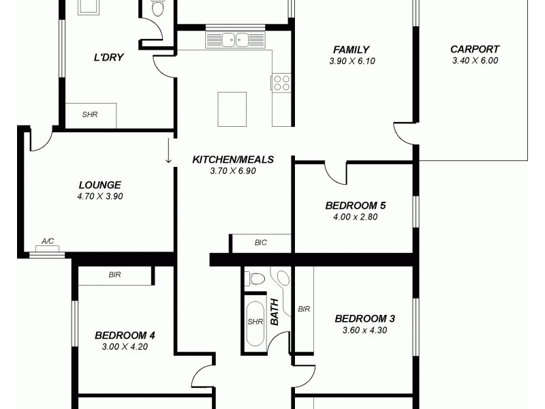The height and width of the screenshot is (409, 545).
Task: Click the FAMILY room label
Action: click(352, 50)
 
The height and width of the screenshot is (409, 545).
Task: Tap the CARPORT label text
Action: click(475, 49)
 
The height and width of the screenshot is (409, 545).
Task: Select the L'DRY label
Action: click(108, 57)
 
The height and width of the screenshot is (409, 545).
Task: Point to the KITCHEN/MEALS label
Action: click(233, 160)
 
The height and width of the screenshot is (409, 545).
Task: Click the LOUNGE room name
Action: click(99, 185)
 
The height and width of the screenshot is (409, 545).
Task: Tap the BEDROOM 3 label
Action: click(365, 318)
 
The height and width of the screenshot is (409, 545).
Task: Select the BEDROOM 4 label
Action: click(125, 335)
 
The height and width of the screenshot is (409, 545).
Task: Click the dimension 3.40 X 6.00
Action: click(475, 61)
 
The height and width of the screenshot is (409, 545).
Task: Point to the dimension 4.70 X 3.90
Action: click(99, 196)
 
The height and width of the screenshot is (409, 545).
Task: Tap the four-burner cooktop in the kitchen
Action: click(281, 82)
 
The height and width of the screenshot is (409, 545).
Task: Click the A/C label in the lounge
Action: click(48, 241)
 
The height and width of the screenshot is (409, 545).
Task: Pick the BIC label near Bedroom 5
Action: click(260, 242)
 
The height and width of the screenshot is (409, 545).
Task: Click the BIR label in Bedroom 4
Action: click(114, 275)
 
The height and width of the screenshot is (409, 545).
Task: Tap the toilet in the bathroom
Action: click(255, 277)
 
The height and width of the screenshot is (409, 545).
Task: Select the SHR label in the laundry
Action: click(90, 115)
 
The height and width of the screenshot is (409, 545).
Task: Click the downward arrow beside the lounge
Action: click(168, 151)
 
